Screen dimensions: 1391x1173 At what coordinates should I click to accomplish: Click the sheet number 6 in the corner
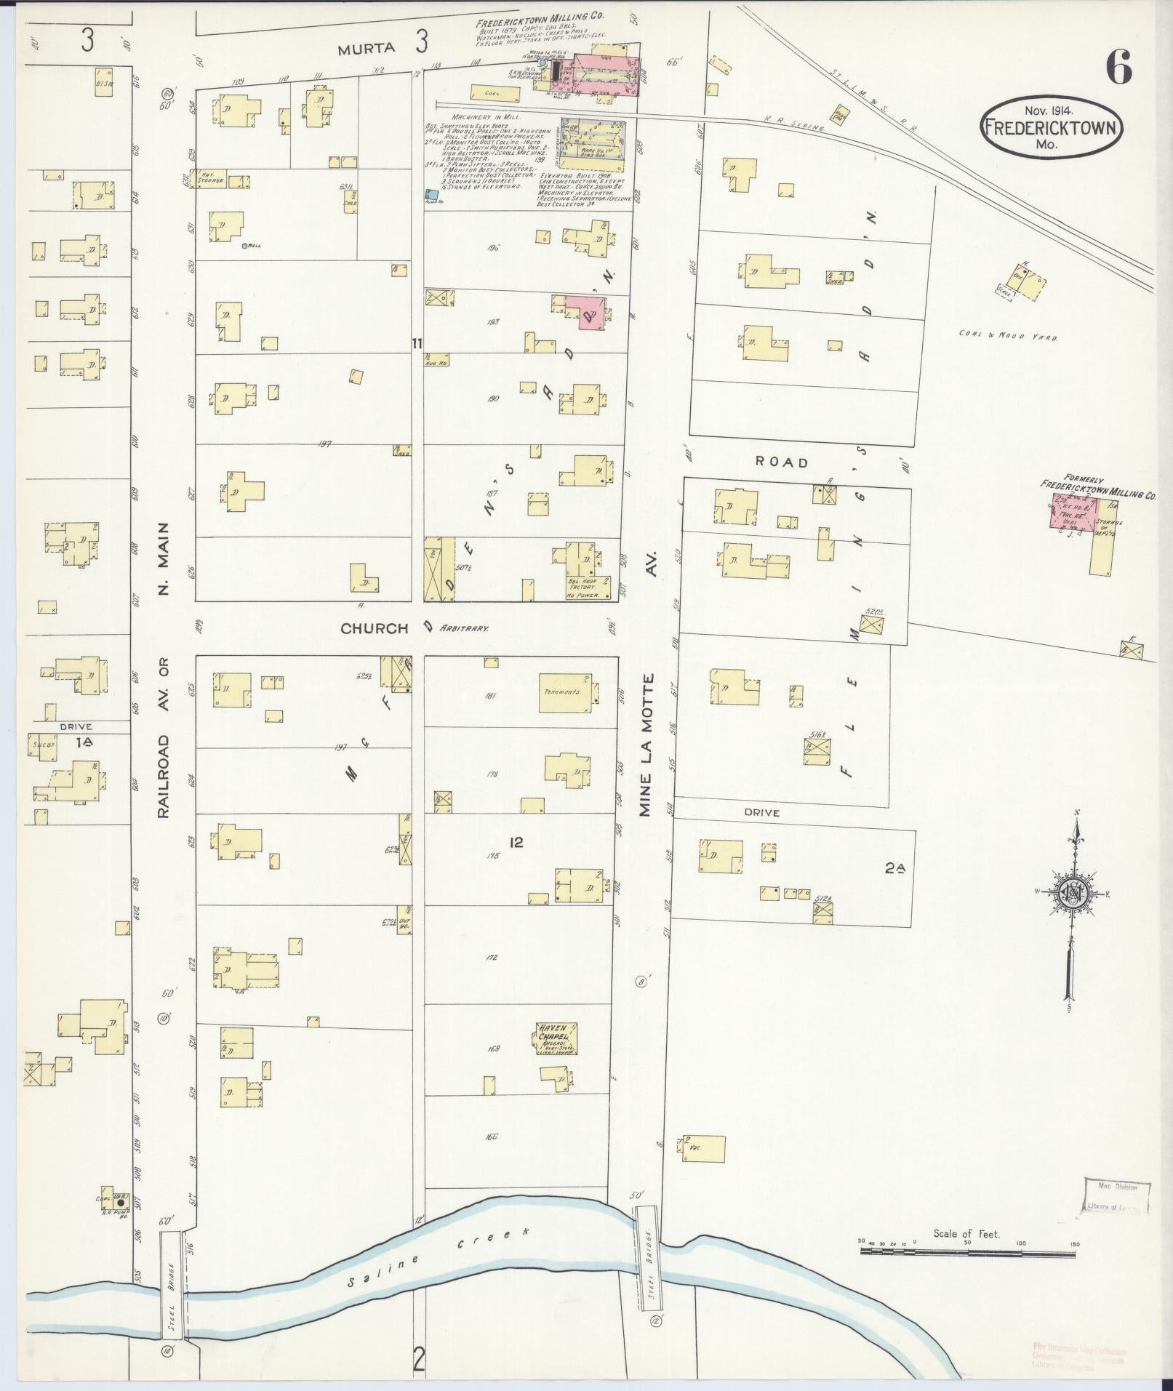pyautogui.click(x=1118, y=70)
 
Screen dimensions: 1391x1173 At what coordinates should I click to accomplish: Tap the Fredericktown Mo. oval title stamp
pyautogui.click(x=1052, y=127)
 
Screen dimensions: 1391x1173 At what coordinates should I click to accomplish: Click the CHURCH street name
pyautogui.click(x=375, y=628)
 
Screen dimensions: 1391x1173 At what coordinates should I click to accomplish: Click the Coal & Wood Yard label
pyautogui.click(x=1007, y=335)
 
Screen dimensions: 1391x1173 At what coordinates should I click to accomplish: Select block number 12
pyautogui.click(x=516, y=843)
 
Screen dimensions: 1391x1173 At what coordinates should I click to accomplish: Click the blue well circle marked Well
pyautogui.click(x=245, y=246)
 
